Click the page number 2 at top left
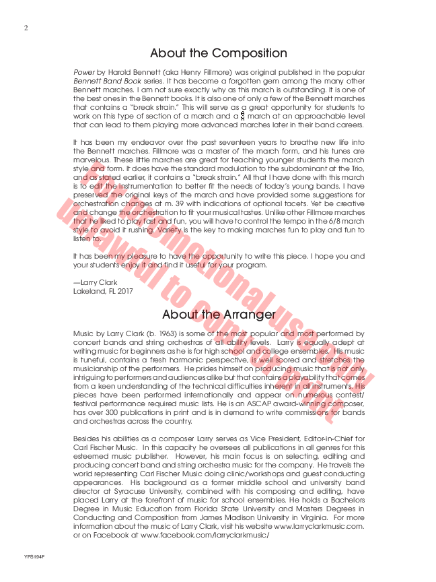26,28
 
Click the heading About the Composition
218,53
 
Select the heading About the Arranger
219,315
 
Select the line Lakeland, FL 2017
103,291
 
